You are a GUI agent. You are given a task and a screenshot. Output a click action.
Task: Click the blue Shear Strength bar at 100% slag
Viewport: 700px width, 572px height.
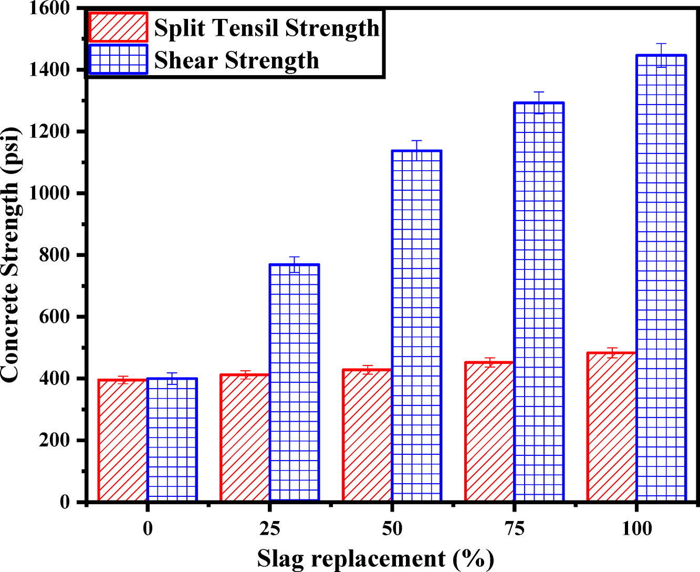tap(661, 278)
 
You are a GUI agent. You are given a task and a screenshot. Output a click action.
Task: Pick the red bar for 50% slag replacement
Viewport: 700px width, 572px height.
tap(367, 435)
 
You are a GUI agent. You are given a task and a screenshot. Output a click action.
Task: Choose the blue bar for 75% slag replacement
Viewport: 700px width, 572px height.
tap(539, 302)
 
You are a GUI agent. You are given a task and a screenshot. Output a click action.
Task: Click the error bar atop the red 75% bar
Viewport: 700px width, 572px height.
tap(489, 362)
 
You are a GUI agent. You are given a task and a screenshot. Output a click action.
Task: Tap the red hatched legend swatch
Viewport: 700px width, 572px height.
tap(118, 27)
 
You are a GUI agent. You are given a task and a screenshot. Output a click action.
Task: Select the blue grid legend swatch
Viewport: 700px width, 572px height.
tap(118, 59)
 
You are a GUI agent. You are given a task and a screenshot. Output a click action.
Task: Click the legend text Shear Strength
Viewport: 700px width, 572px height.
tap(236, 60)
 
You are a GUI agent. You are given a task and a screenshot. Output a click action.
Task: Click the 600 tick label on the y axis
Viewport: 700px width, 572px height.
tap(55, 317)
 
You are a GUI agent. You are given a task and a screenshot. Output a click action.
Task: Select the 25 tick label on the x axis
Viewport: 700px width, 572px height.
tap(270, 528)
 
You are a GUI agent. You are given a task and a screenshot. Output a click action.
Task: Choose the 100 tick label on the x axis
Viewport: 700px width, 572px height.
tap(636, 528)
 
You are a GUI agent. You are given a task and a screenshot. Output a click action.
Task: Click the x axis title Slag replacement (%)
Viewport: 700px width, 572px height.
tap(375, 559)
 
